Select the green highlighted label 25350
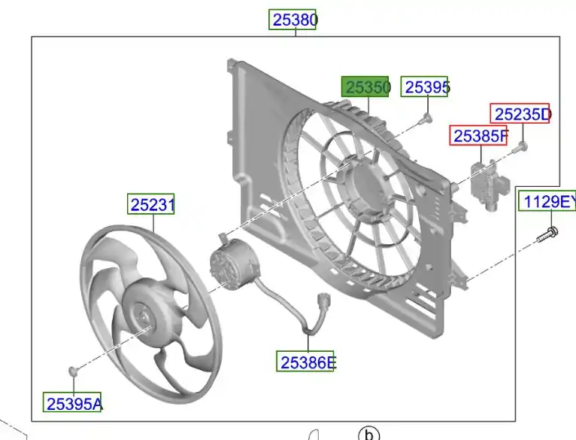[x=365, y=87]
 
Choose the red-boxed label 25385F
[x=479, y=136]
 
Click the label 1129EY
[x=547, y=201]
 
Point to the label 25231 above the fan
[x=151, y=203]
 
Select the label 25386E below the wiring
[x=305, y=362]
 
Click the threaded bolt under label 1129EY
[x=547, y=234]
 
